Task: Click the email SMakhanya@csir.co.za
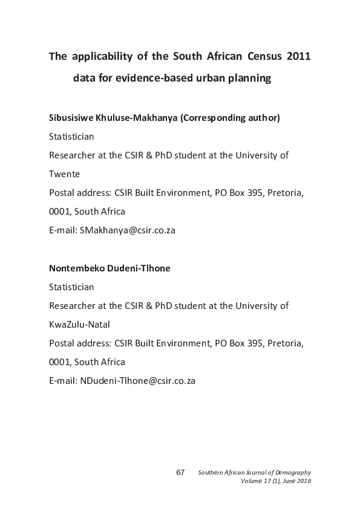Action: pyautogui.click(x=128, y=230)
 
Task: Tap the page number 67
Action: pyautogui.click(x=180, y=472)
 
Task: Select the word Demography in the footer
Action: pyautogui.click(x=292, y=472)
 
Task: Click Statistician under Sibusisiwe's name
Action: pyautogui.click(x=71, y=136)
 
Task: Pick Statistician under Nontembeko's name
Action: pyautogui.click(x=71, y=287)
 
